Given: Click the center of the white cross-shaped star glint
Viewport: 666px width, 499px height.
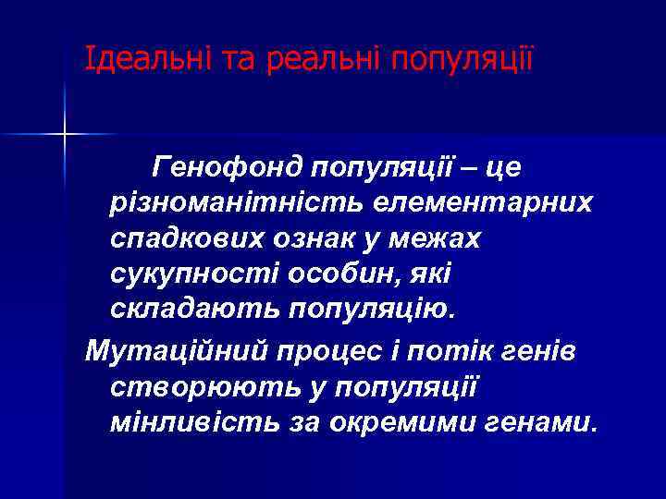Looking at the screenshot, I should [64, 135].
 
